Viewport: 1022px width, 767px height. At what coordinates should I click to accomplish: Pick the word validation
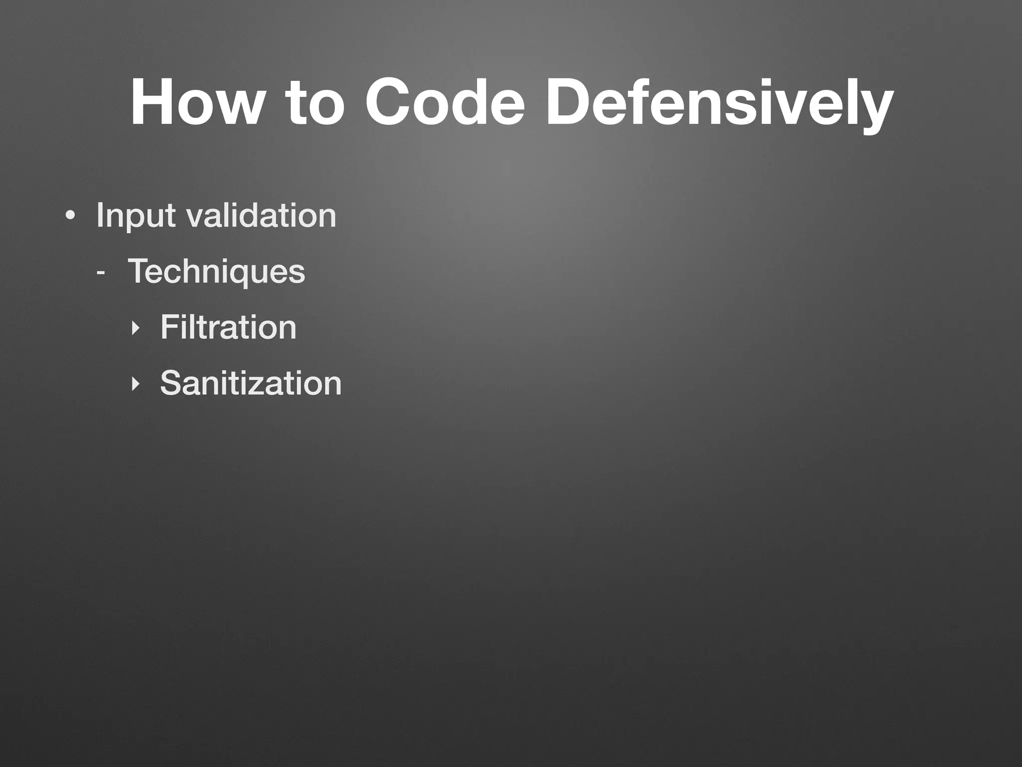pos(261,216)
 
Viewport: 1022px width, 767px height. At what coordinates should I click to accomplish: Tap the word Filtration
pos(228,328)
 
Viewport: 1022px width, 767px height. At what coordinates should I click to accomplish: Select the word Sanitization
pos(251,383)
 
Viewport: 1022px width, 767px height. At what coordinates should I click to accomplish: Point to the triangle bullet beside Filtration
pos(134,329)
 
